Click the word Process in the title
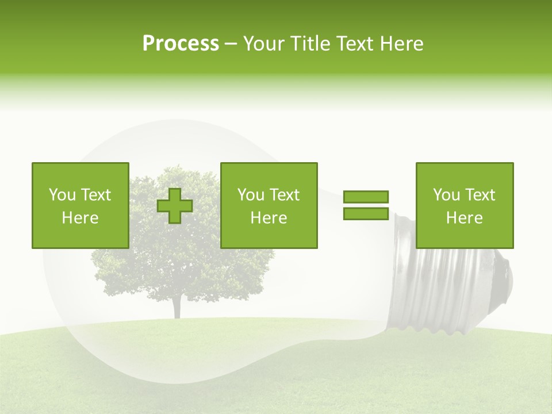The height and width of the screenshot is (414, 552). click(181, 44)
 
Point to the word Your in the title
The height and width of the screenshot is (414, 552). click(263, 44)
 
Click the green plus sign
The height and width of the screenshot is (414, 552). click(175, 206)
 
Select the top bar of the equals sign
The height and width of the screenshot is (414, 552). click(366, 197)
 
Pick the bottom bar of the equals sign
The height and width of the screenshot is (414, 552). click(366, 214)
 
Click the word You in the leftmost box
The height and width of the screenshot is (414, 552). click(62, 195)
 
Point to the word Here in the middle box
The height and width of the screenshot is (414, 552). click(269, 218)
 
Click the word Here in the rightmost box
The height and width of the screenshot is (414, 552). click(464, 218)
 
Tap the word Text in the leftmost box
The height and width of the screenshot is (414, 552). click(95, 195)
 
